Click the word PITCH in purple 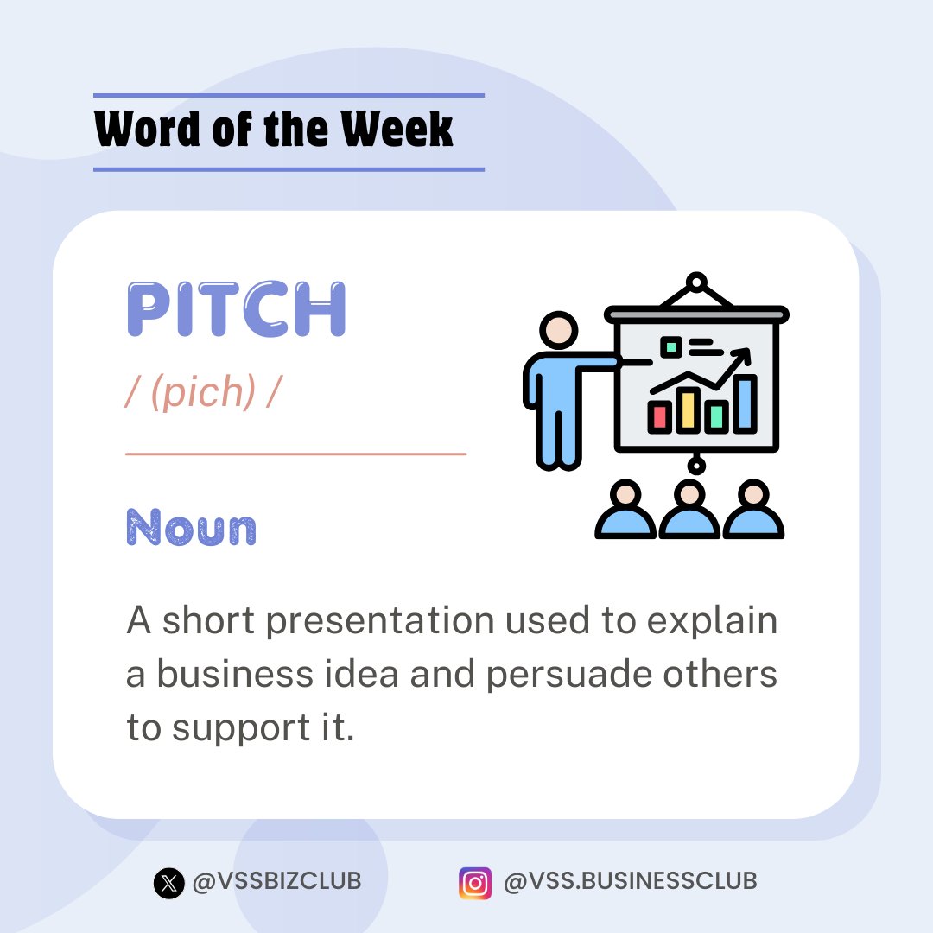coord(236,308)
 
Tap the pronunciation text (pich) coord(203,391)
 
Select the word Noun coord(191,527)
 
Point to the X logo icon coord(169,882)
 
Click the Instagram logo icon coord(475,883)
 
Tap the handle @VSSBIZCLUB coord(276,881)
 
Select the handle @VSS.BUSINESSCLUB coord(630,881)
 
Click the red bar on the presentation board coord(659,416)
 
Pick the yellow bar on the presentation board coord(688,410)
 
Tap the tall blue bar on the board coord(745,403)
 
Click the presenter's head coord(558,330)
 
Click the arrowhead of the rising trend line coord(743,357)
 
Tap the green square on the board coord(671,346)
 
